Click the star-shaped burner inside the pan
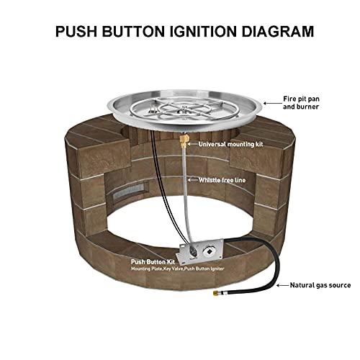point(186,112)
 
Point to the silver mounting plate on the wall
point(205,253)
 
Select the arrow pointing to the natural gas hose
point(276,284)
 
